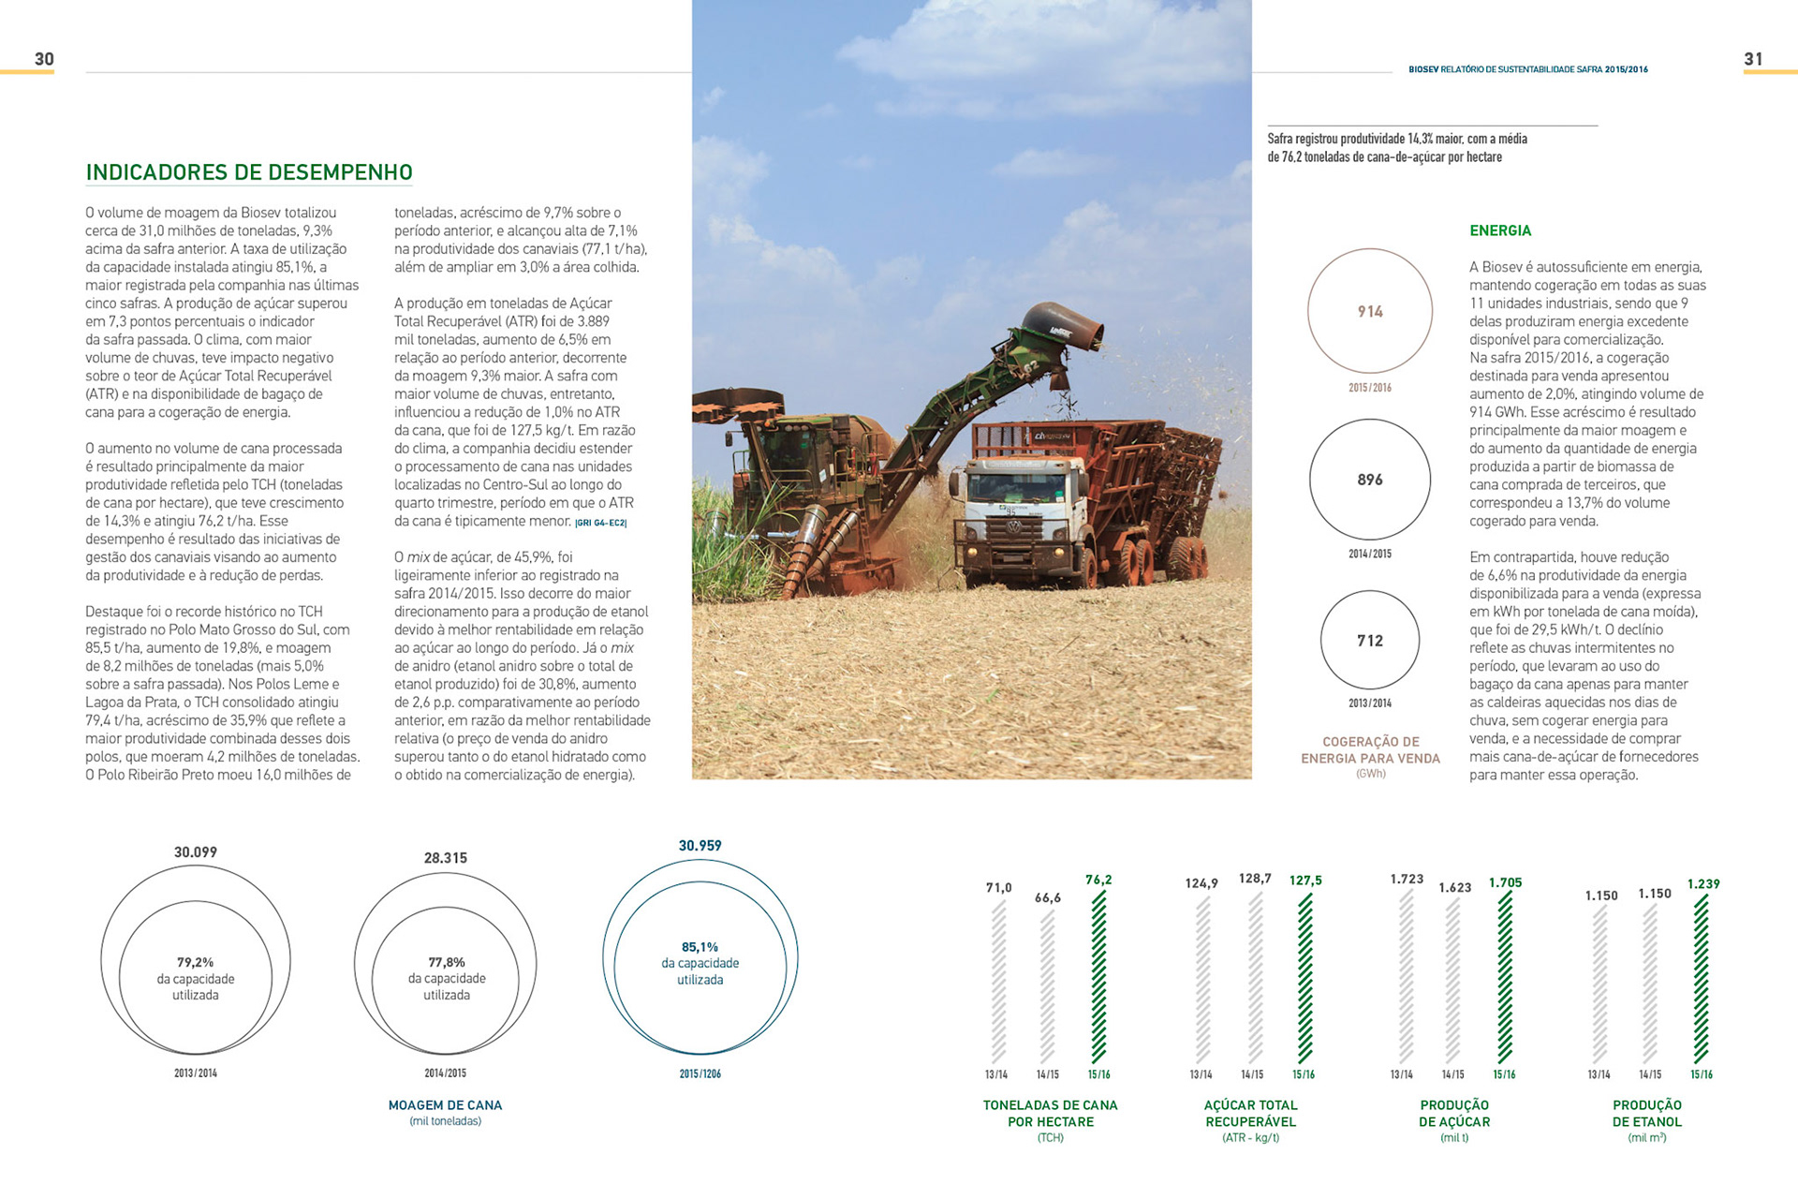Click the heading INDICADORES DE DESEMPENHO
click(x=249, y=172)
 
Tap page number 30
click(x=44, y=59)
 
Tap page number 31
click(x=1753, y=59)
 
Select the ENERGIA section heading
click(x=1500, y=230)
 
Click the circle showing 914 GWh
click(x=1370, y=311)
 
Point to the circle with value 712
click(x=1370, y=641)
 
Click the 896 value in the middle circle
click(x=1370, y=480)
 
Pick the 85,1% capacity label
click(x=700, y=947)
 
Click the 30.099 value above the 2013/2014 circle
click(x=196, y=852)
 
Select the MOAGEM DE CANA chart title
click(x=445, y=1105)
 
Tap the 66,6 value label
click(x=1048, y=897)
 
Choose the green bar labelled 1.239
click(x=1702, y=979)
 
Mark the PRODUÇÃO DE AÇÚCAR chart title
click(x=1454, y=1113)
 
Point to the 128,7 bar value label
click(x=1255, y=879)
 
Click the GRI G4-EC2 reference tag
click(x=601, y=523)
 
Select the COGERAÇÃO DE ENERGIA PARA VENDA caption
click(x=1370, y=749)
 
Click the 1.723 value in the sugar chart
click(x=1407, y=879)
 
